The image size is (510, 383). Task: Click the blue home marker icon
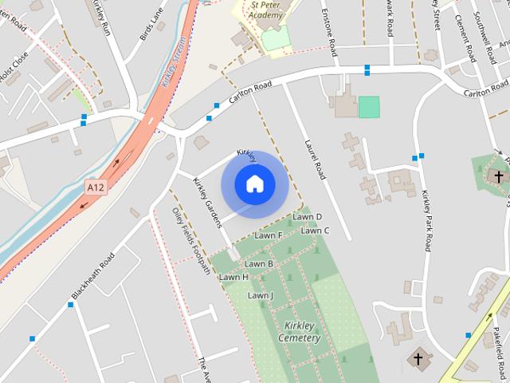point(254,184)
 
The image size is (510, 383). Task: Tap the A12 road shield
point(96,188)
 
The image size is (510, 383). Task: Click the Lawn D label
point(307,216)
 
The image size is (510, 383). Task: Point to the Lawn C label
point(315,231)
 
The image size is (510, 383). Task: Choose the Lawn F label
point(269,235)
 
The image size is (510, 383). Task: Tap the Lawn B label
point(259,263)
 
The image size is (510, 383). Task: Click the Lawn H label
point(233,277)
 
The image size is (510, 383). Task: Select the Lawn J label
point(260,295)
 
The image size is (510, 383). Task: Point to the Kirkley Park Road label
point(427,221)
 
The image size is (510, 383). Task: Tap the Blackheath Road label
point(93,276)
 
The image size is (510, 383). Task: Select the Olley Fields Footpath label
point(191,241)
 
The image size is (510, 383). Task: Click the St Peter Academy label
point(265,10)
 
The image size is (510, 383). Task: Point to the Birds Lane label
point(151,25)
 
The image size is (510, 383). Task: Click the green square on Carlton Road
point(369,107)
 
